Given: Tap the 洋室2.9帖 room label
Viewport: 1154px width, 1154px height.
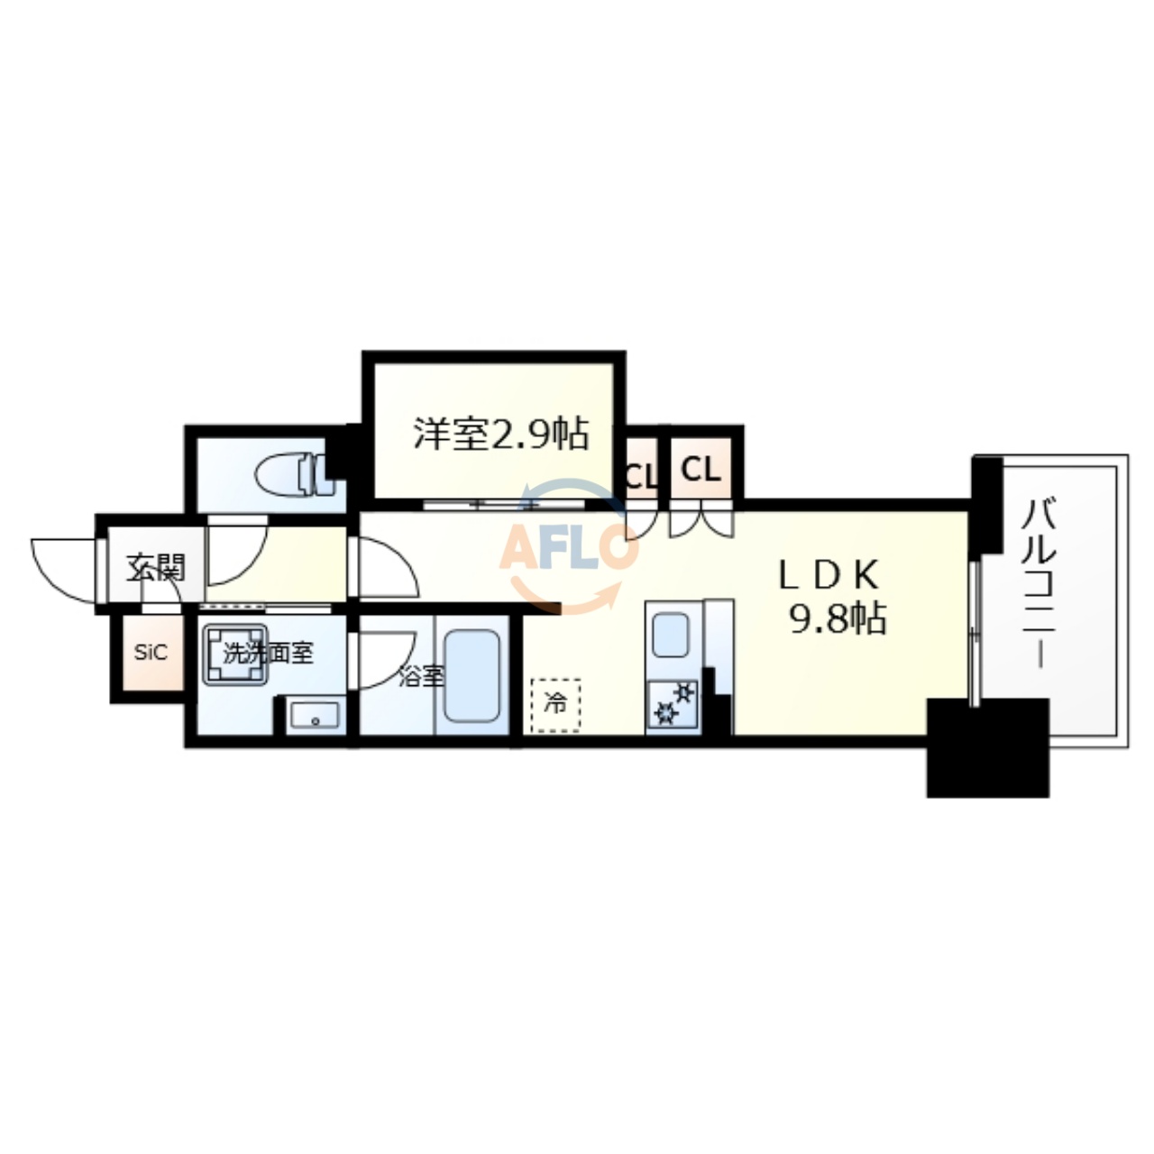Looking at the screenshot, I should pos(501,435).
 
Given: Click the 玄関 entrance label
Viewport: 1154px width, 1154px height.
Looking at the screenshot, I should pos(155,567).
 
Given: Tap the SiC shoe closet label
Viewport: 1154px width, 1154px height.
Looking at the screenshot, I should pos(151,653).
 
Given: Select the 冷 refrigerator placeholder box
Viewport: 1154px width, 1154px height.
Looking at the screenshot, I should pos(555,704).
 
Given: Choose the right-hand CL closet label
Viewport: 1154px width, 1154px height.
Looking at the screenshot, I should pos(701,470).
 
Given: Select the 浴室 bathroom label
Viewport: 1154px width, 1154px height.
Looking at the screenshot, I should pos(421,676).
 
